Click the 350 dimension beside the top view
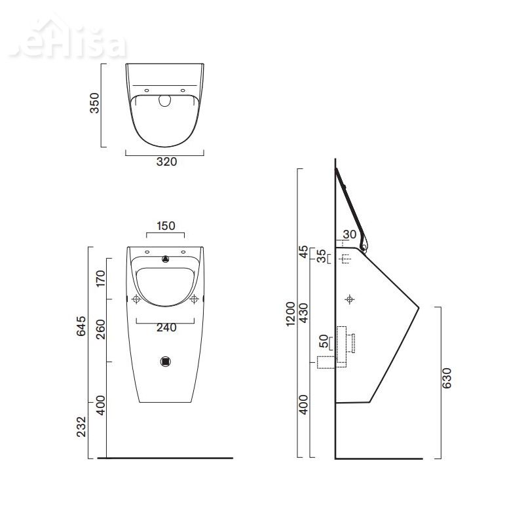pyautogui.click(x=95, y=103)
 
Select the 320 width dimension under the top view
pyautogui.click(x=166, y=162)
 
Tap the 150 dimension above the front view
pyautogui.click(x=166, y=226)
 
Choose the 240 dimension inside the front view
pyautogui.click(x=166, y=329)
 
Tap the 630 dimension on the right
pyautogui.click(x=447, y=379)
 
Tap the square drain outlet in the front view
pyautogui.click(x=166, y=361)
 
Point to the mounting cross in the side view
pyautogui.click(x=350, y=299)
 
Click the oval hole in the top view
pyautogui.click(x=165, y=100)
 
